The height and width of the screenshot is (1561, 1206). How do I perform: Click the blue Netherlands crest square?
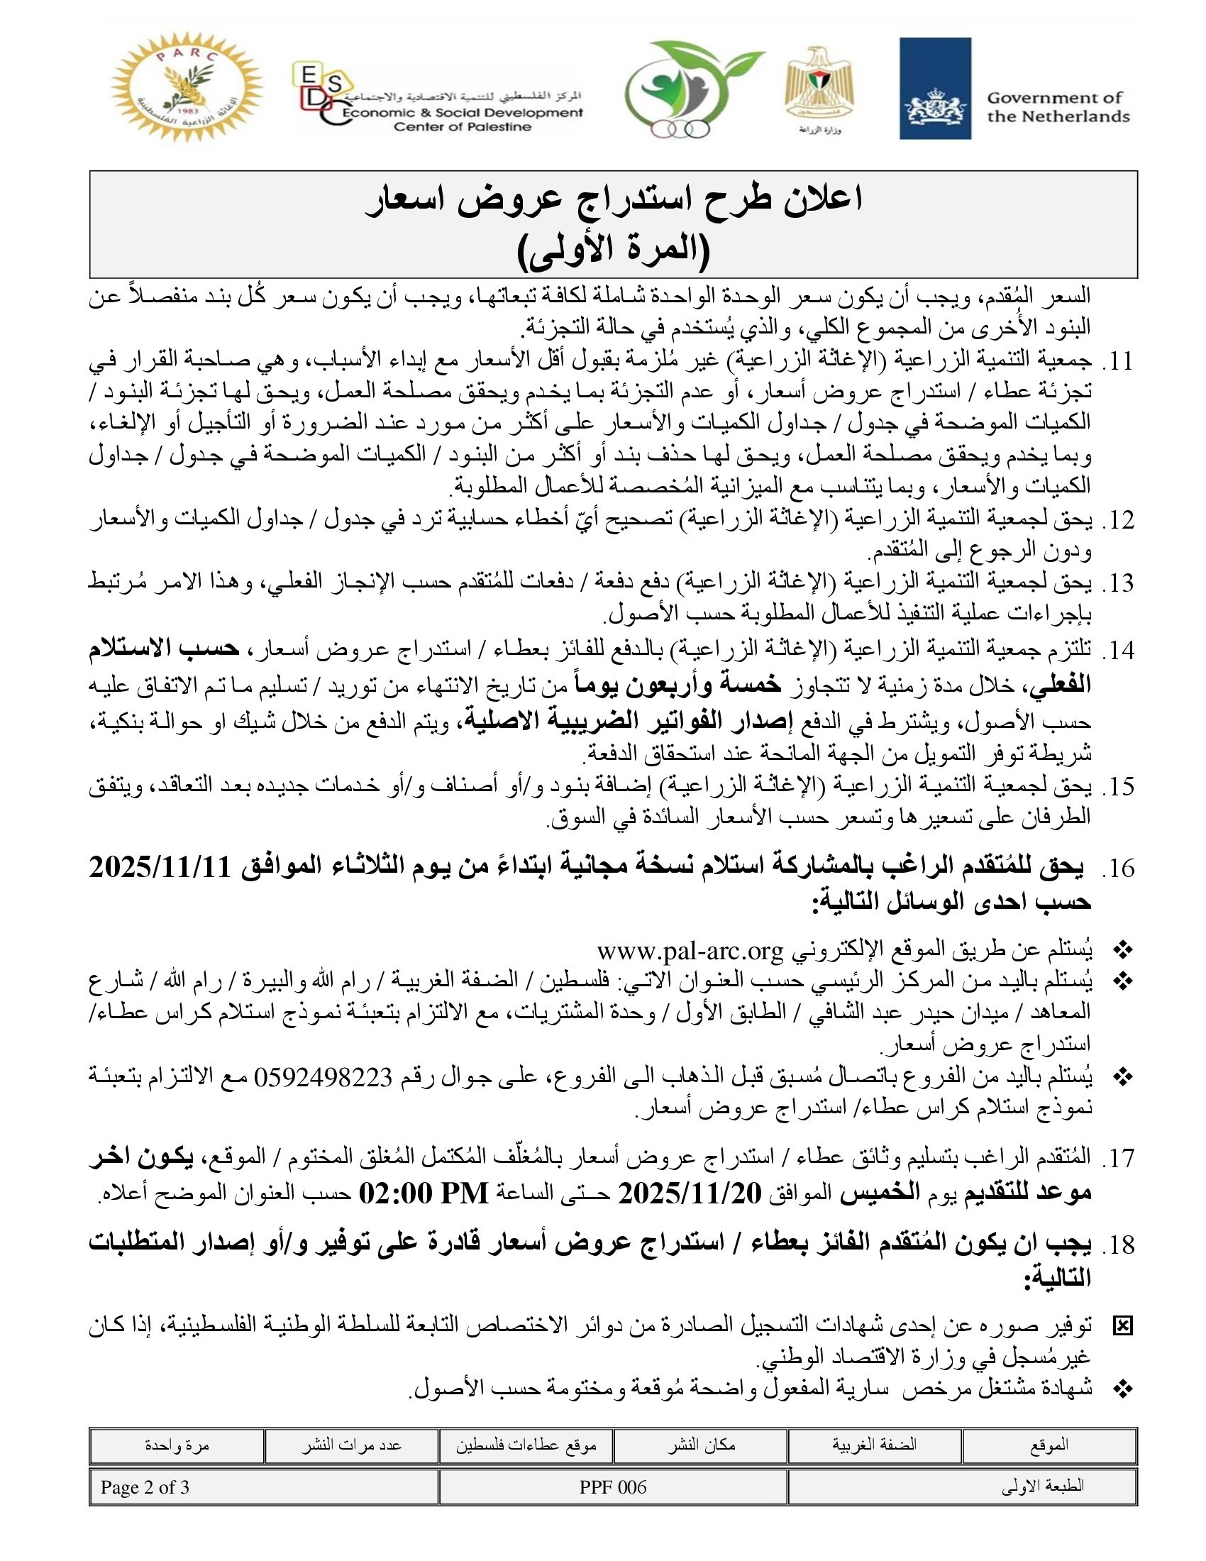[x=934, y=89]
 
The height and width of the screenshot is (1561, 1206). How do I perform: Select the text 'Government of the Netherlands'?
[x=1058, y=107]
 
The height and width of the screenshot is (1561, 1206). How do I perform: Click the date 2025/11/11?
[x=159, y=868]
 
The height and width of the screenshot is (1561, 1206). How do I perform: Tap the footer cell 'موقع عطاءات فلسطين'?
[x=526, y=1445]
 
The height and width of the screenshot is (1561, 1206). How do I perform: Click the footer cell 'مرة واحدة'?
[x=177, y=1445]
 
